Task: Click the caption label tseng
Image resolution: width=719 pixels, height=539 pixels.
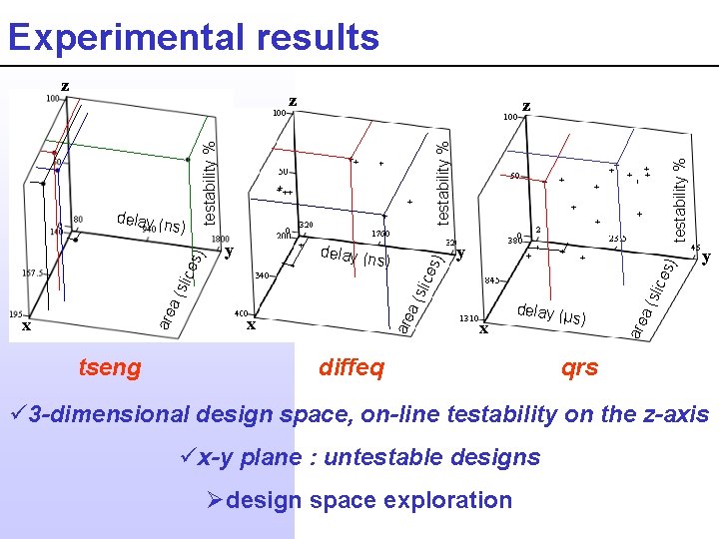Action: click(x=110, y=368)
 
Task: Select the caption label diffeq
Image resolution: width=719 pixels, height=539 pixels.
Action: click(x=351, y=368)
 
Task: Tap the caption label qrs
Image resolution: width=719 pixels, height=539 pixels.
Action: click(x=579, y=368)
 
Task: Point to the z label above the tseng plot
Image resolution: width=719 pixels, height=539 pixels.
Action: click(x=65, y=86)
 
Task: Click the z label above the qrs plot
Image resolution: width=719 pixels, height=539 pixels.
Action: click(x=526, y=105)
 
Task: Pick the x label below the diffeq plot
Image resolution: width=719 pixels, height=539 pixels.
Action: click(x=251, y=324)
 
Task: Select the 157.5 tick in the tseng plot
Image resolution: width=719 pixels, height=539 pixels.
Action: click(x=34, y=271)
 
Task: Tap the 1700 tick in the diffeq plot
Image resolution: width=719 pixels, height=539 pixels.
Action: click(x=382, y=234)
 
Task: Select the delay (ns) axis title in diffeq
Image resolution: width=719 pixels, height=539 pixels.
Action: click(x=354, y=257)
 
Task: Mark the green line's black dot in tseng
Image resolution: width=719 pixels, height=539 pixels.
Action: click(x=188, y=159)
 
